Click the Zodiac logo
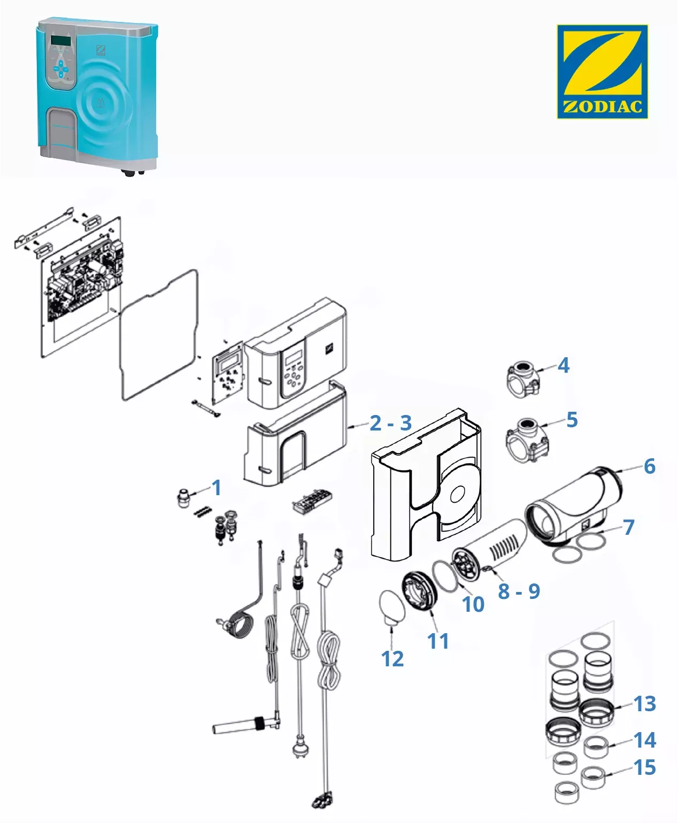click(602, 71)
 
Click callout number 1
click(217, 488)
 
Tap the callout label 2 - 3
click(391, 423)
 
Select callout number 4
click(564, 365)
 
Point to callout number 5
click(572, 420)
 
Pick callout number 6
click(650, 466)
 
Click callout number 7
click(628, 527)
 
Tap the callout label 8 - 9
click(519, 591)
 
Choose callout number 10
click(473, 604)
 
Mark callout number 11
click(438, 641)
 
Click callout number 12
click(392, 659)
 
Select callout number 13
click(645, 704)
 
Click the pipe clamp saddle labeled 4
click(523, 379)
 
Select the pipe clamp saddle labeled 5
click(527, 440)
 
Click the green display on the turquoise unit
click(60, 41)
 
